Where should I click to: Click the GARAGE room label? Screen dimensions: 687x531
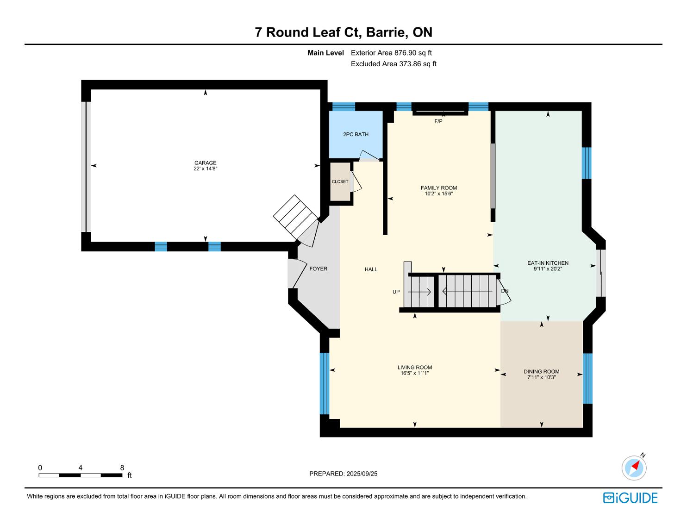pos(205,163)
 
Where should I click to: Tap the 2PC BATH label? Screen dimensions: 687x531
pos(356,134)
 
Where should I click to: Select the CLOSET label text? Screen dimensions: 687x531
pos(340,182)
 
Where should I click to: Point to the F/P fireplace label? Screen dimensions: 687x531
pos(438,121)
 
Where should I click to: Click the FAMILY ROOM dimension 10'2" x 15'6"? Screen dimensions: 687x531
pos(439,194)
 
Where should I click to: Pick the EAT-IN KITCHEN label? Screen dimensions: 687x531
pos(548,263)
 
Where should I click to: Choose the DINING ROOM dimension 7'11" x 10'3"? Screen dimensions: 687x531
pos(542,377)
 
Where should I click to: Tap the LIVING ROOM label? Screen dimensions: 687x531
pos(415,367)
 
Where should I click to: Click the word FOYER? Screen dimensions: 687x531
pos(319,269)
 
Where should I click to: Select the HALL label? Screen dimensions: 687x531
pos(371,269)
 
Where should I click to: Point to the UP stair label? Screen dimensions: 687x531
pos(396,292)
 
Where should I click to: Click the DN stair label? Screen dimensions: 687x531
pos(505,291)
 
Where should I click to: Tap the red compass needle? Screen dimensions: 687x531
pos(636,465)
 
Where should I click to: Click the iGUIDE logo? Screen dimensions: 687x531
pos(630,498)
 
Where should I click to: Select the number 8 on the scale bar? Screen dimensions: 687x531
pos(122,468)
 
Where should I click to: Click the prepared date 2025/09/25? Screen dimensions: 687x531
pos(362,474)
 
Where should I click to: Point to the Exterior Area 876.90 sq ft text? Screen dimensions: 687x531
pos(391,53)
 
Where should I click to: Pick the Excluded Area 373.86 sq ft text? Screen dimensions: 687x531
pos(393,64)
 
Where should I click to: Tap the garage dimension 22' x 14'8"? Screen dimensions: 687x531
pos(205,169)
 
